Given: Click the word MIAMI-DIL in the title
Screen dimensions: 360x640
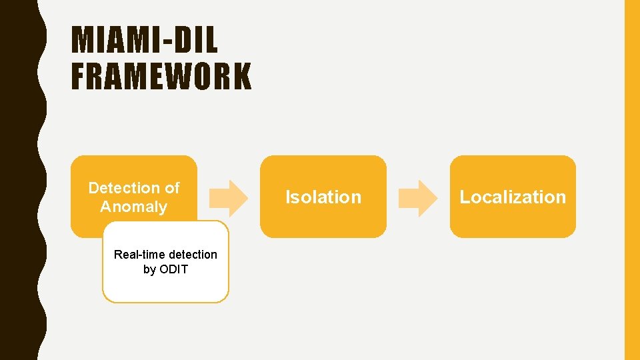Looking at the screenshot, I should coord(145,41).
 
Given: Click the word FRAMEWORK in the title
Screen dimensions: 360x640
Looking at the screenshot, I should coord(161,76).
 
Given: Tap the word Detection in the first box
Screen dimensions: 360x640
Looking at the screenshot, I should coord(119,188).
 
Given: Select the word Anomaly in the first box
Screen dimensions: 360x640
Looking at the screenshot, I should coord(133,207).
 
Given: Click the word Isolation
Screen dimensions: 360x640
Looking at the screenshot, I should coord(323,197).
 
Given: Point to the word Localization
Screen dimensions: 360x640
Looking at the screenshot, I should coord(513,197).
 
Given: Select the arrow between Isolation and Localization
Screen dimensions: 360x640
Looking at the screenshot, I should coord(418,198).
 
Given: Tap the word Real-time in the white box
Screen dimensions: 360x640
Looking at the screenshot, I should coord(138,254).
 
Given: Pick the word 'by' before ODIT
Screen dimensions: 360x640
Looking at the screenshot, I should coord(149,269).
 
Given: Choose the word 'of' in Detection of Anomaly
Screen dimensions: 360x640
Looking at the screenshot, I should coord(172,188).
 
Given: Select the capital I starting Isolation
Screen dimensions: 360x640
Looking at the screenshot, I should coord(288,197).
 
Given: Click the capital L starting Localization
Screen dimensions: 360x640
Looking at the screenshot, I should coord(464,197).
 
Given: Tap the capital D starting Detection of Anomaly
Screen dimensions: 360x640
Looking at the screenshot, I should coord(94,188).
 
